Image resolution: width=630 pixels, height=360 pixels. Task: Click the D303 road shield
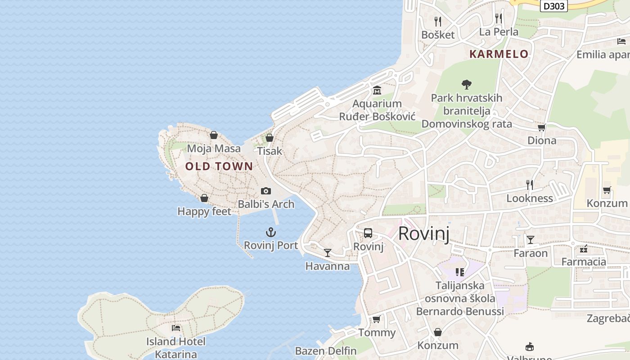(x=553, y=6)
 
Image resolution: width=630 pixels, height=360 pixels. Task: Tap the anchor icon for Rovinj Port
(x=270, y=233)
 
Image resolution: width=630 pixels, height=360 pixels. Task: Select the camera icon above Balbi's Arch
(x=266, y=191)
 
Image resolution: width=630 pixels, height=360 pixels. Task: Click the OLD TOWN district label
(x=219, y=166)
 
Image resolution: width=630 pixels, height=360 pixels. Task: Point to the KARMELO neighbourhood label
(x=499, y=54)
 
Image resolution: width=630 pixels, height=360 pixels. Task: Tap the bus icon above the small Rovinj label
(x=368, y=233)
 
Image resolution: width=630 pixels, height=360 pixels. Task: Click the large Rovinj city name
(x=424, y=234)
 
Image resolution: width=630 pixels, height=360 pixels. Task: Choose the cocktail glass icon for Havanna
(x=328, y=253)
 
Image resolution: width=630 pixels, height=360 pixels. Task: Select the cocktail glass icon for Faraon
(x=531, y=240)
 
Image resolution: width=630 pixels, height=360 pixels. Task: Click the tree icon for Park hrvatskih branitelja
(x=467, y=84)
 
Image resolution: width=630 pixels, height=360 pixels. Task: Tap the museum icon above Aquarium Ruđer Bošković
(x=377, y=90)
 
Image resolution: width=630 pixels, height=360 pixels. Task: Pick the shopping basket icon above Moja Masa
(x=214, y=135)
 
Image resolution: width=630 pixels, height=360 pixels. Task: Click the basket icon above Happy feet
(x=204, y=198)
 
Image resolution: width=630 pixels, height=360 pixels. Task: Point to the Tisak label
(x=270, y=151)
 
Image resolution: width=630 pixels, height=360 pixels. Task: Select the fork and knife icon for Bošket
(x=437, y=21)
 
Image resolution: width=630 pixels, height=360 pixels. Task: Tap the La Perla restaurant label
(x=499, y=32)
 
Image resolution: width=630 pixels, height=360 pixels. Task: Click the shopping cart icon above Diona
(x=542, y=128)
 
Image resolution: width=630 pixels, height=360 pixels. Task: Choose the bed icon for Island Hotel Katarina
(x=176, y=328)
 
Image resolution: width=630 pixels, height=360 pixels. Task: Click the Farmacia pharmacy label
(x=584, y=261)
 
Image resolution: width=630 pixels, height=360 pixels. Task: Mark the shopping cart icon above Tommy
(x=377, y=319)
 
